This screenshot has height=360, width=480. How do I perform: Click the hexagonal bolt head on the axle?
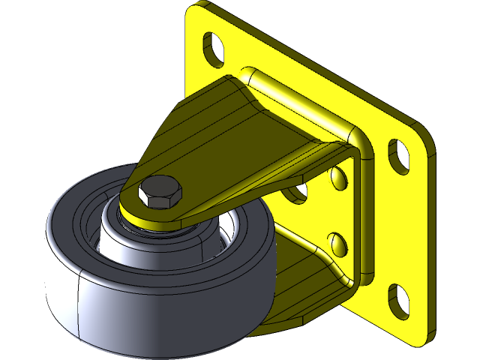160,193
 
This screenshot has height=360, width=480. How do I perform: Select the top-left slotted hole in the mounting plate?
213,46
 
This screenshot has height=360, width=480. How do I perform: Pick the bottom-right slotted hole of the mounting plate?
397,298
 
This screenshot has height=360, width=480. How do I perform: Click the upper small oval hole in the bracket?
340,178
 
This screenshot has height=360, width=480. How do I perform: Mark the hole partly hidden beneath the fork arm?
298,194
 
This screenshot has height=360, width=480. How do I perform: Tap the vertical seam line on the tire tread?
77,300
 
